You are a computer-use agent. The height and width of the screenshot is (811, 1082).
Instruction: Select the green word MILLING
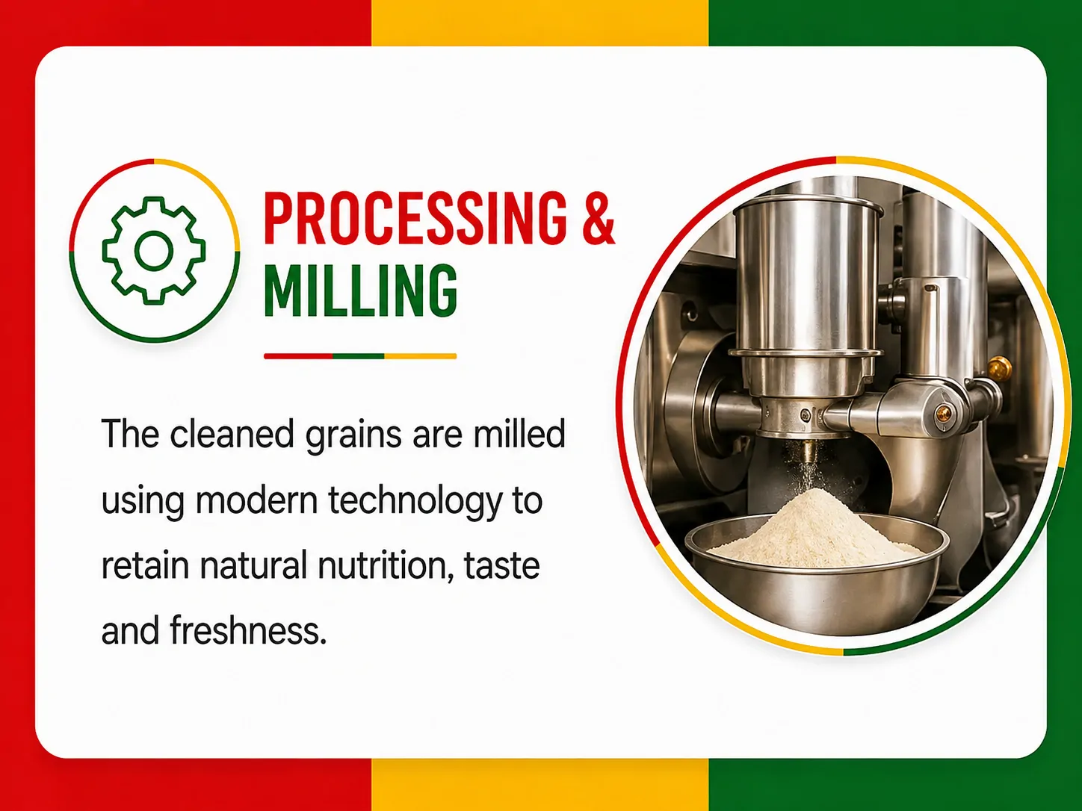[360, 291]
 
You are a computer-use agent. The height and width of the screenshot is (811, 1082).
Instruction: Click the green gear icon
[154, 251]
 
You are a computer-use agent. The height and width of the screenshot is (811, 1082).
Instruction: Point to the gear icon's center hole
[154, 251]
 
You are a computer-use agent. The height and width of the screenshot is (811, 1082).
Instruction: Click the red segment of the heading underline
[298, 356]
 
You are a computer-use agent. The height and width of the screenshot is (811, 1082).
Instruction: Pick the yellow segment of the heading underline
[421, 356]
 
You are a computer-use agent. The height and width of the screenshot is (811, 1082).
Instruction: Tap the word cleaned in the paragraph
[232, 434]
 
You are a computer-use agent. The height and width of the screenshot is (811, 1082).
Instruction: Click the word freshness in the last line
[248, 630]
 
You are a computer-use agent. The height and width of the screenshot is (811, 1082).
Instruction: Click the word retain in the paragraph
[146, 566]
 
